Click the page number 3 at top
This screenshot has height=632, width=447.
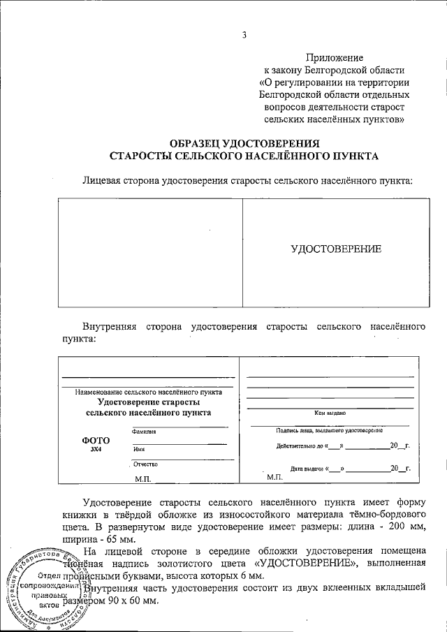coord(244,36)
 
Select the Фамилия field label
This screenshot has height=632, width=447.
coord(143,432)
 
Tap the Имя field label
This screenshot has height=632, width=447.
coord(138,450)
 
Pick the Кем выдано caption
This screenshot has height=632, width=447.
coord(331,413)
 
